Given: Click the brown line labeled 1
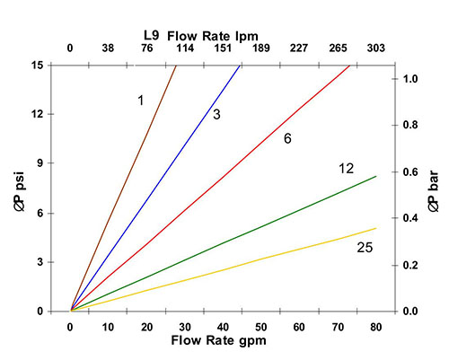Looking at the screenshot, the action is pyautogui.click(x=123, y=188).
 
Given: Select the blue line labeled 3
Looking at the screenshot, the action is pyautogui.click(x=155, y=188).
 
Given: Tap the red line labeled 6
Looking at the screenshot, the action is pyautogui.click(x=210, y=188).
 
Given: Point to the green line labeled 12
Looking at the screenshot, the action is pyautogui.click(x=224, y=243).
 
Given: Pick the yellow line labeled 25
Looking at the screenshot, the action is pyautogui.click(x=224, y=269).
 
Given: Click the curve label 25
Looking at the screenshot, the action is pyautogui.click(x=365, y=248).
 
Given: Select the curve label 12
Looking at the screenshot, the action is pyautogui.click(x=347, y=169).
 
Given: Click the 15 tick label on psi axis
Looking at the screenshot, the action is pyautogui.click(x=37, y=66).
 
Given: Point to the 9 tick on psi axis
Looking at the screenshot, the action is pyautogui.click(x=40, y=163).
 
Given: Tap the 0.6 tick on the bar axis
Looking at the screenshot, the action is pyautogui.click(x=410, y=172).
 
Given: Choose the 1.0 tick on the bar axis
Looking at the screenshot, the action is pyautogui.click(x=410, y=79).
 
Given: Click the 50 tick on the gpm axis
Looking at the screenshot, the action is pyautogui.click(x=261, y=327).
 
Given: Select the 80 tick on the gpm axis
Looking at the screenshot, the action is pyautogui.click(x=376, y=327).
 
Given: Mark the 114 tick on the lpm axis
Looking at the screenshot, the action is pyautogui.click(x=185, y=48).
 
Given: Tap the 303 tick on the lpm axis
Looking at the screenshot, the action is pyautogui.click(x=376, y=48).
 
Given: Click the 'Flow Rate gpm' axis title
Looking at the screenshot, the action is pyautogui.click(x=218, y=340).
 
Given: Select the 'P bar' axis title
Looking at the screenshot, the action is pyautogui.click(x=433, y=191).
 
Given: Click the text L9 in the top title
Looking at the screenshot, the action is pyautogui.click(x=152, y=35).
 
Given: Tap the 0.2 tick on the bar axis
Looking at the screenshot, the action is pyautogui.click(x=410, y=265).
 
